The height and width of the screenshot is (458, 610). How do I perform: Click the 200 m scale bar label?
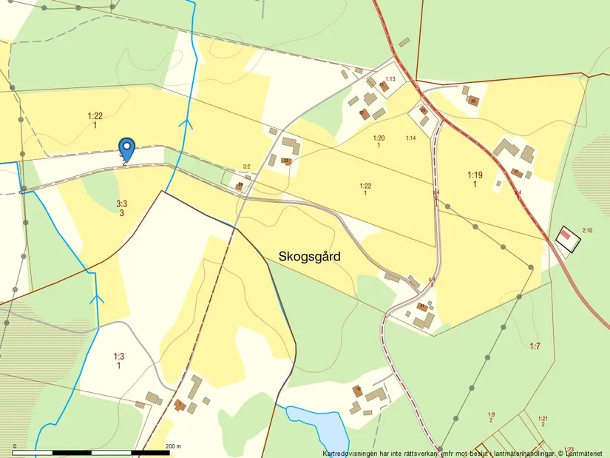173,446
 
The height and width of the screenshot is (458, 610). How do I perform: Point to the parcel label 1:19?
475,175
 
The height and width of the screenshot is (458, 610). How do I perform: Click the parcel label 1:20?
379,138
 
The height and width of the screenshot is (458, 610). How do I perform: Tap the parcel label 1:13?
390,79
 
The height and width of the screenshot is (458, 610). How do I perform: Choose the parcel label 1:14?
411,138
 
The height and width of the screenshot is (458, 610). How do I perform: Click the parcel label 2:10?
587,231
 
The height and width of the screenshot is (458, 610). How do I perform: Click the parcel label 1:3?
118,356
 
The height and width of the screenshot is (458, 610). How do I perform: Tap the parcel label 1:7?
535,346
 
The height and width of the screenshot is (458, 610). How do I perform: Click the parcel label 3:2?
247,167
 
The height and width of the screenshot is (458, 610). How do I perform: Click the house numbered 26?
473,101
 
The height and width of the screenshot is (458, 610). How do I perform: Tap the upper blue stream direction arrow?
188,124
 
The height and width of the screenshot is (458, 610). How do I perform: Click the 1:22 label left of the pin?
95,115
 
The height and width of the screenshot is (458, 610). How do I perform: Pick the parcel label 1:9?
491,414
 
